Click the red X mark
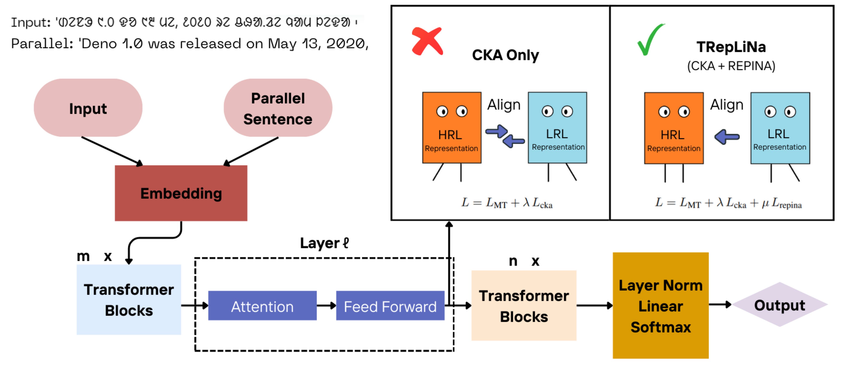tap(427, 41)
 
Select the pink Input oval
tap(88, 108)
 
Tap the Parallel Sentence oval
tap(278, 108)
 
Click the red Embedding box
tap(181, 193)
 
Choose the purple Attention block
tap(262, 306)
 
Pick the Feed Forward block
tap(390, 306)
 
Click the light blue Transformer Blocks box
tap(129, 299)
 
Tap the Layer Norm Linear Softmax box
tap(661, 305)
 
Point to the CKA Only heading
tap(505, 55)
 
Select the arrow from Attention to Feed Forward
tap(326, 306)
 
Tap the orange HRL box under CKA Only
tap(452, 128)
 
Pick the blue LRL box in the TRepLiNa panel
tap(780, 128)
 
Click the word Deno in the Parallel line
tap(99, 44)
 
